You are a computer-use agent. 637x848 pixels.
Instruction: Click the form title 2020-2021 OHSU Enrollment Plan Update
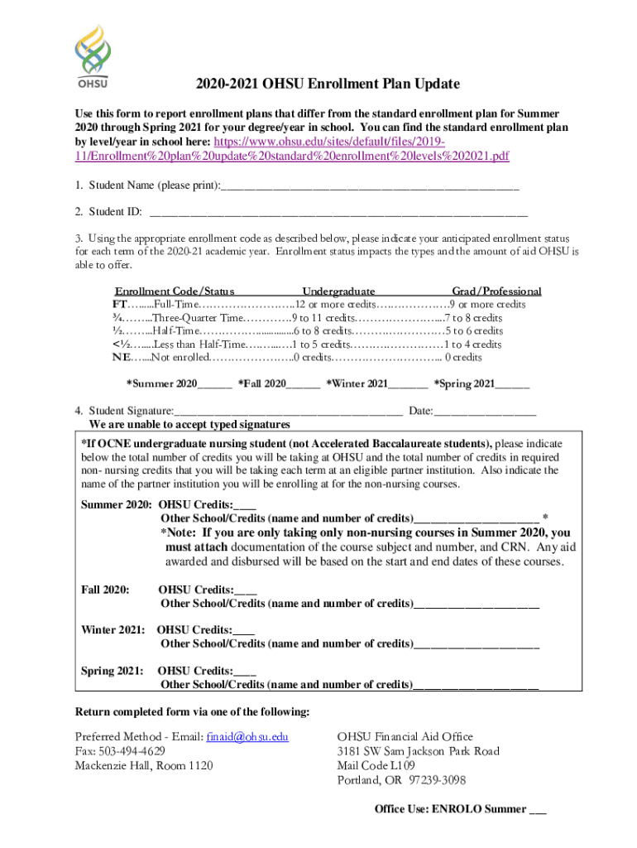[328, 84]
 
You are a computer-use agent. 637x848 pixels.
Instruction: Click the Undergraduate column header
[338, 291]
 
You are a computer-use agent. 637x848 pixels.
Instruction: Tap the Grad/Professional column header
[496, 291]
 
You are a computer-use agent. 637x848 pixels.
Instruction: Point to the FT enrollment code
[120, 305]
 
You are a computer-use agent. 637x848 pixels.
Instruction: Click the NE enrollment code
[121, 358]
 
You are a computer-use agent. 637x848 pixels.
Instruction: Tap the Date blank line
[485, 411]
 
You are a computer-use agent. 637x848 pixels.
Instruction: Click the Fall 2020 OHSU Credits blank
[246, 590]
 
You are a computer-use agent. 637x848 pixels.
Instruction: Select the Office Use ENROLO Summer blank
[537, 809]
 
